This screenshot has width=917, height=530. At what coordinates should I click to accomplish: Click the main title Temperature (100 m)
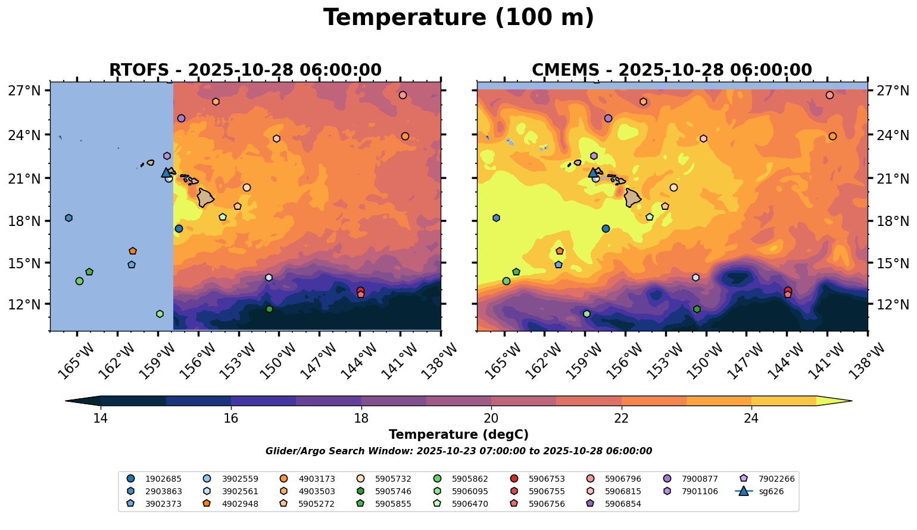pos(458,18)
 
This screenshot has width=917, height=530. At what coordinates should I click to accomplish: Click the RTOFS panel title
pos(245,70)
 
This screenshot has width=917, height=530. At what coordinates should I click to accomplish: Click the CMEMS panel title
pos(672,70)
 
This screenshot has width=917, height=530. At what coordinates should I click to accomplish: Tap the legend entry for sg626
pos(771,492)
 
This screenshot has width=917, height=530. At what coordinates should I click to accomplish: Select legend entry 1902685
pos(163,479)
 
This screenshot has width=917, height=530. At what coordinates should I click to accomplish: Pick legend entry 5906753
pos(547,479)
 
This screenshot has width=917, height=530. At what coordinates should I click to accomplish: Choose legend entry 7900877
pos(700,479)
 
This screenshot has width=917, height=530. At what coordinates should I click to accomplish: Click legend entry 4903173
pos(317,479)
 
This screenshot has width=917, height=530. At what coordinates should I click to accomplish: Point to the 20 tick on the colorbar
pos(491,418)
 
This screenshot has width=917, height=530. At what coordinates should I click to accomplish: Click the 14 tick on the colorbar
pos(100,418)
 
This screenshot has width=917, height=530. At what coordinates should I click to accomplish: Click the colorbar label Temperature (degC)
pos(458,435)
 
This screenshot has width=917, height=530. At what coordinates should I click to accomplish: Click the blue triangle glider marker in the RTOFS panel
pos(166,173)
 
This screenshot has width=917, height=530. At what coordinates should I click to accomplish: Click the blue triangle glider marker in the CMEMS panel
pos(593,173)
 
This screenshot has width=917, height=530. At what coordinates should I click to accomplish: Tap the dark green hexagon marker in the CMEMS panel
pos(697,309)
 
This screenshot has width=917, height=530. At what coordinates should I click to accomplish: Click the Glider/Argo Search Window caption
pos(458,451)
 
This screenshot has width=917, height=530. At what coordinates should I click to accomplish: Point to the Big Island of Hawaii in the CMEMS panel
pos(632,197)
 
